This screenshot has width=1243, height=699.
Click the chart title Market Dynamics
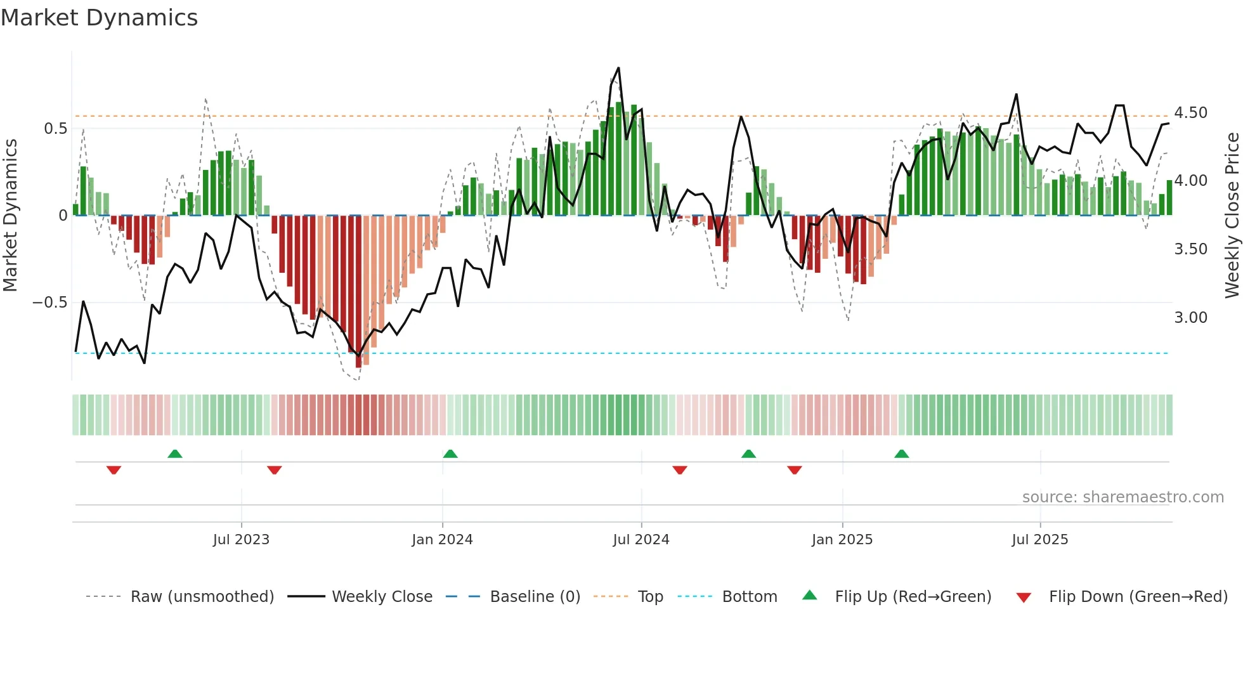pos(100,18)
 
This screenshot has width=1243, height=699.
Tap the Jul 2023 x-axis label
pos(241,540)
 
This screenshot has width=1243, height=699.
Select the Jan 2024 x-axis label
pos(442,540)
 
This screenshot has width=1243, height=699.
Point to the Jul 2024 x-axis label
pos(641,540)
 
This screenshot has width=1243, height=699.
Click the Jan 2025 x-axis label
pos(842,540)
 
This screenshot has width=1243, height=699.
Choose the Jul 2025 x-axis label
pos(1040,540)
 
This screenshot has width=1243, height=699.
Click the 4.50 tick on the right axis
pos(1190,113)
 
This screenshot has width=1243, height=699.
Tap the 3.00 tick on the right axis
pos(1190,318)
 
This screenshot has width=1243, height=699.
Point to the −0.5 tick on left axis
pos(49,303)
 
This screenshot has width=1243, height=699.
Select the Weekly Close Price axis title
pos(1232,216)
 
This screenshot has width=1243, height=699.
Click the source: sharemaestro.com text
pos(1123,497)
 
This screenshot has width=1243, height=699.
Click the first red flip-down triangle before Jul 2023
pos(114,470)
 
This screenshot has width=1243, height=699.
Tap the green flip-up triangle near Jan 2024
pos(450,454)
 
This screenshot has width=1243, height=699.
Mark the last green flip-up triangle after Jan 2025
pos(901,454)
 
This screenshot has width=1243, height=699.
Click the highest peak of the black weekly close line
pos(618,69)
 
